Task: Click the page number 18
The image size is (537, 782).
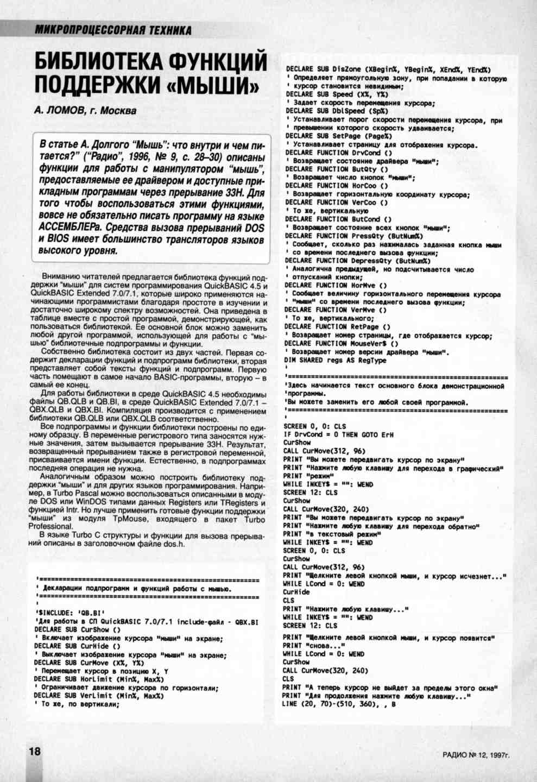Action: click(34, 752)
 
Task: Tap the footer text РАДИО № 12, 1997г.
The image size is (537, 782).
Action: click(476, 755)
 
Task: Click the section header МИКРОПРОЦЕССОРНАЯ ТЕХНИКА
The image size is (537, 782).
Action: click(113, 30)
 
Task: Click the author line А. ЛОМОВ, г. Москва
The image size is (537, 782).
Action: click(85, 111)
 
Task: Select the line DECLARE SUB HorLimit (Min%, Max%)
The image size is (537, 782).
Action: click(98, 679)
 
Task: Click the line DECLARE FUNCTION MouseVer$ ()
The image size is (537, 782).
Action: click(342, 344)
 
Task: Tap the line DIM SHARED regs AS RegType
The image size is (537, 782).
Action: click(336, 360)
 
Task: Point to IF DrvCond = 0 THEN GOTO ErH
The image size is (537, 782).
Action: click(338, 434)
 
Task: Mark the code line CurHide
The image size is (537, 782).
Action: click(296, 592)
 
